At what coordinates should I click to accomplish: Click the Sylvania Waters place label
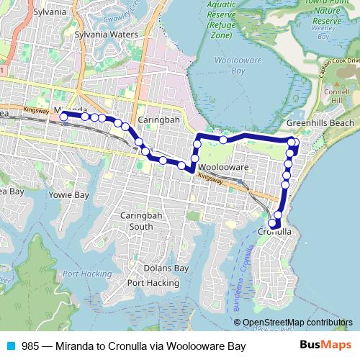tap(106, 35)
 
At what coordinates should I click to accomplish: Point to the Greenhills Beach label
tap(320, 124)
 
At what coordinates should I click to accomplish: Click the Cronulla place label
tap(275, 232)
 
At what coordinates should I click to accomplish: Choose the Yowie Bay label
tap(68, 195)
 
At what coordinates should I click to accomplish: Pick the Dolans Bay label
tap(166, 269)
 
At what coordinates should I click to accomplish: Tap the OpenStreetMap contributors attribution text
tap(294, 323)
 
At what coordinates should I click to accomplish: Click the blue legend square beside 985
tap(10, 347)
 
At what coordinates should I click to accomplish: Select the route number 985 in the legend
tap(30, 347)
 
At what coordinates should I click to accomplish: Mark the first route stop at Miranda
tap(63, 115)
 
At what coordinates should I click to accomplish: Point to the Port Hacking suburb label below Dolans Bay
tap(153, 283)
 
